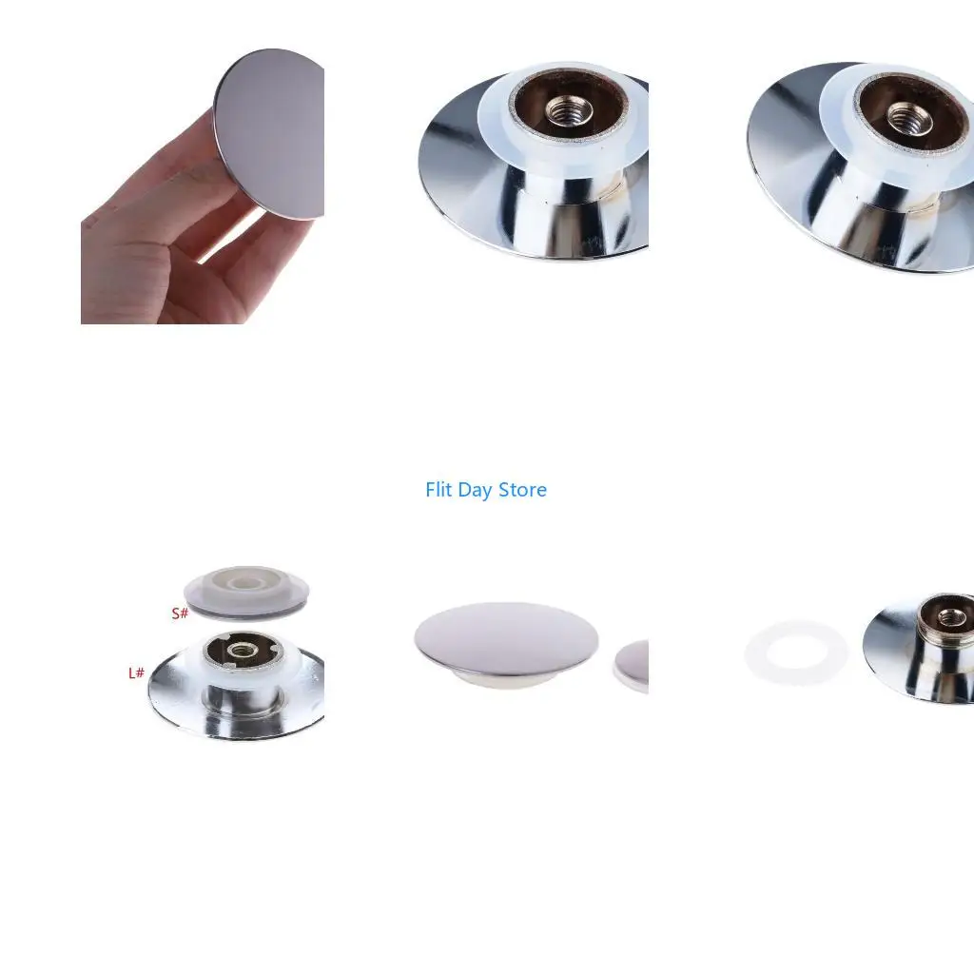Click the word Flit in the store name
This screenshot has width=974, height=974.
438,490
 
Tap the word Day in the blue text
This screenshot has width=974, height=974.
475,491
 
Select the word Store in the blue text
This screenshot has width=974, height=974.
522,490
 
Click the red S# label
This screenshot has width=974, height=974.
180,614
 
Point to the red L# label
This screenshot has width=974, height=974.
136,672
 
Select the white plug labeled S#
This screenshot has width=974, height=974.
246,592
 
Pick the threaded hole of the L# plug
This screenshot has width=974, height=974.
240,651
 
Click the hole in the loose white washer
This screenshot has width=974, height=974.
796,653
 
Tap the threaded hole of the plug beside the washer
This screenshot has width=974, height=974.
950,616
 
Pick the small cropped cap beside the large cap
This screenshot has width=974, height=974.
633,667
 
